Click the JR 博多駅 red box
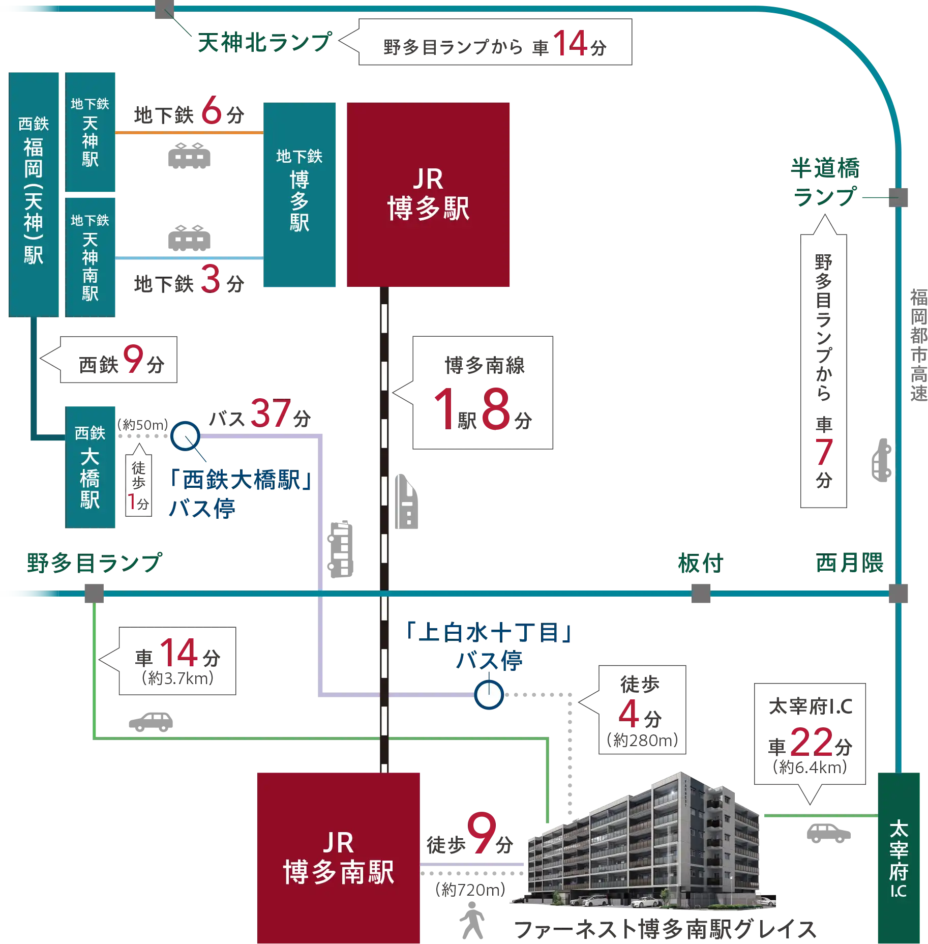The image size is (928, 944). coord(428,194)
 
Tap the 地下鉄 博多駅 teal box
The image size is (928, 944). coord(300,195)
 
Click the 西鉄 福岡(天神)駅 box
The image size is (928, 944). coord(34,193)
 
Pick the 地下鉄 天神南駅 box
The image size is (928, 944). coord(91,257)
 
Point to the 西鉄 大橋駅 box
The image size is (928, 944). coord(91,466)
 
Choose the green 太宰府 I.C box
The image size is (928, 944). coord(899,858)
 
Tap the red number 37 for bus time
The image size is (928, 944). coord(270,412)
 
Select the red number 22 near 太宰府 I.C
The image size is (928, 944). coord(812,743)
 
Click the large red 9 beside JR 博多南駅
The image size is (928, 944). coord(482,832)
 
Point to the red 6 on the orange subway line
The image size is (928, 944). coord(212,110)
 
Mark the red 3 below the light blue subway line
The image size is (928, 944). coord(210,279)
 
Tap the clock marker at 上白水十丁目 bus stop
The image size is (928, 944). coord(489,695)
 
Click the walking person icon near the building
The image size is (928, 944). coord(472,920)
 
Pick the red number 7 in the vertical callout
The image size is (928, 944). coord(823,452)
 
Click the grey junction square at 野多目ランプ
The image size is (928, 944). coord(94,594)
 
